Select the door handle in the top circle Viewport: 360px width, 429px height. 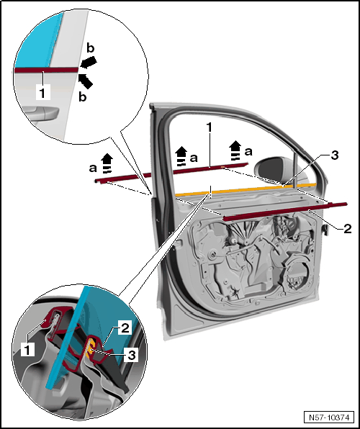[41, 113]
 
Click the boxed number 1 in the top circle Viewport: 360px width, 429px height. [42, 92]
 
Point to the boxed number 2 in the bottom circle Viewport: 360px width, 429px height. [125, 328]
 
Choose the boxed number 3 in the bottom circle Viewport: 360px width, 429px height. [131, 355]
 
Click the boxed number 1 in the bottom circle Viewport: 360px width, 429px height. [27, 349]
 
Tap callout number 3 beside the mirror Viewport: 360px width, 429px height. [335, 155]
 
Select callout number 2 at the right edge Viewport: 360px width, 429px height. [347, 228]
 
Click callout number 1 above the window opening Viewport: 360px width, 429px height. [210, 127]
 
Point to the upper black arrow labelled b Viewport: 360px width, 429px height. [89, 62]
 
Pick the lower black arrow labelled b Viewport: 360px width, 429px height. [86, 81]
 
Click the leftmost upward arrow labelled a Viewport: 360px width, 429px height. [107, 163]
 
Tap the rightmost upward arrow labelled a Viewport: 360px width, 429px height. [235, 150]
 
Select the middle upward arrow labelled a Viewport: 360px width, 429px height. [181, 156]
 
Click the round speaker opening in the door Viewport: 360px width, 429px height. [297, 276]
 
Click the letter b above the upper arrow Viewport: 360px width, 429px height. [90, 48]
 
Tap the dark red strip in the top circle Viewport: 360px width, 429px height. [46, 70]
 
